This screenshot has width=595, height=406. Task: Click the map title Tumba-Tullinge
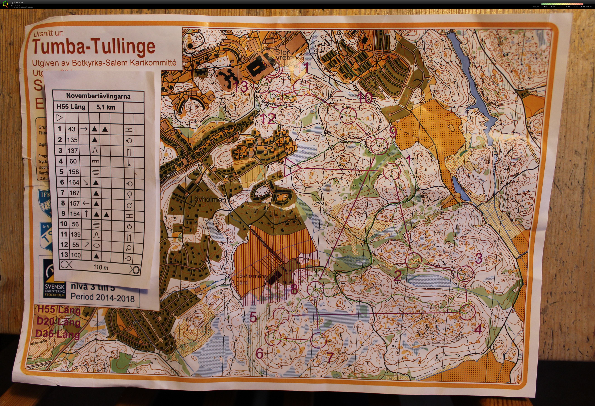coord(94,47)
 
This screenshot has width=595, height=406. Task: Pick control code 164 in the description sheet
coord(74,182)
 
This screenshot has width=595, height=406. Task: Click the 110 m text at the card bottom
coord(101,267)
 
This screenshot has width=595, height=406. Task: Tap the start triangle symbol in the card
coord(59,118)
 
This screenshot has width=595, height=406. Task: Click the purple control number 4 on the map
coord(478,330)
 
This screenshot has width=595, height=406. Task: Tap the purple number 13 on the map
coord(241,87)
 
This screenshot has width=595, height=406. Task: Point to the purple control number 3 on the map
coord(478,258)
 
